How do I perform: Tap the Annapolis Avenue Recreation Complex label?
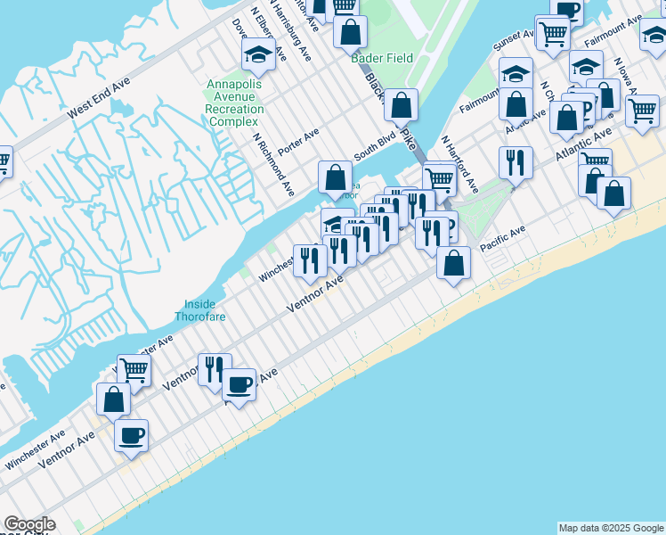(235, 103)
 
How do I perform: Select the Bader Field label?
(383, 59)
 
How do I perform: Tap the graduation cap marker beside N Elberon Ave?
(258, 56)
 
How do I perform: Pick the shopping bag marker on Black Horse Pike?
(402, 103)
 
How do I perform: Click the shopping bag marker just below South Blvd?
(335, 176)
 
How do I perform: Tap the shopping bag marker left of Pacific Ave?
(453, 262)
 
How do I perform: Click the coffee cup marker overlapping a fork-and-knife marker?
(238, 384)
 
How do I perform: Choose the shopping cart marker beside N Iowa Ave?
(642, 111)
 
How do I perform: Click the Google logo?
(29, 524)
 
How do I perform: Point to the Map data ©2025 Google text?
(611, 528)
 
